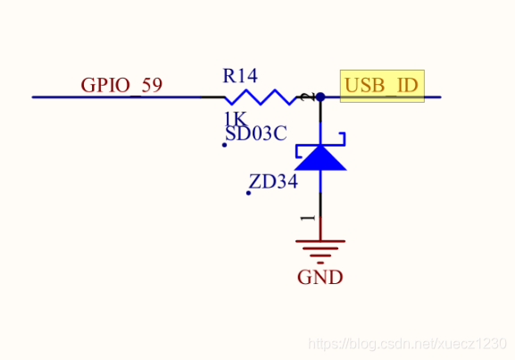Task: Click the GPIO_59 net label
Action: [x=121, y=86]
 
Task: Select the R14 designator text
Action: [x=240, y=76]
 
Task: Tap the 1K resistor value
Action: [x=235, y=119]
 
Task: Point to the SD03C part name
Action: [x=255, y=134]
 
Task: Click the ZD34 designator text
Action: [x=273, y=182]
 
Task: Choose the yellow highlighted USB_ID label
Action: [x=381, y=86]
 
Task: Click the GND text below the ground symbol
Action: [x=320, y=277]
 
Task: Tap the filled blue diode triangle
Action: [x=320, y=159]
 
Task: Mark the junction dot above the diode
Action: [x=320, y=96]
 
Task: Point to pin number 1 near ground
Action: [x=308, y=217]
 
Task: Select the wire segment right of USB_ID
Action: [x=432, y=96]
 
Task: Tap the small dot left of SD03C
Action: [x=224, y=145]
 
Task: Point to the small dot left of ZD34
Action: [x=248, y=193]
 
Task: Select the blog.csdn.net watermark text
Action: [x=407, y=344]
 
